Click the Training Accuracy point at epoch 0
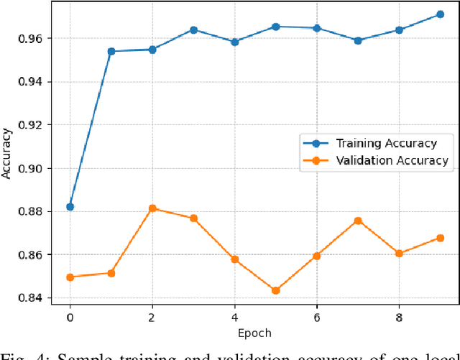click(x=70, y=207)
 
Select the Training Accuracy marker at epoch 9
click(x=440, y=14)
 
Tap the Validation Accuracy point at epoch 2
click(x=152, y=208)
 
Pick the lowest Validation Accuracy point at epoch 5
click(x=275, y=290)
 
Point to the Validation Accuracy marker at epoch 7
click(x=358, y=221)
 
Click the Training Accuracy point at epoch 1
click(x=111, y=51)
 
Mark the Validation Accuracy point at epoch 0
click(x=70, y=277)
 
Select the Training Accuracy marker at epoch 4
click(x=234, y=42)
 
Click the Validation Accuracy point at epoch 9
click(x=440, y=238)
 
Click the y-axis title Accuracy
click(x=7, y=153)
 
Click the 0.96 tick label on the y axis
click(x=35, y=38)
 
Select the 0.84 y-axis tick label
click(x=35, y=298)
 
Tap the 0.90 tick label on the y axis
click(x=35, y=168)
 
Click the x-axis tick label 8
click(x=399, y=316)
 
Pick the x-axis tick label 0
click(x=70, y=316)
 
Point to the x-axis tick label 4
click(x=234, y=316)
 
